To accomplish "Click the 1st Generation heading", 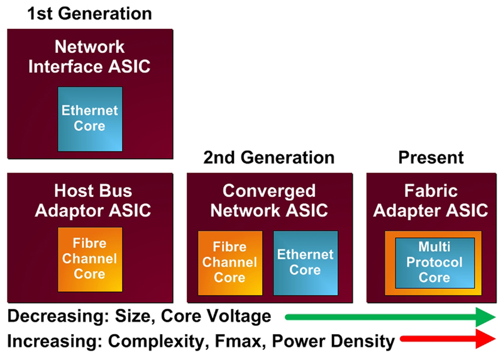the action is pyautogui.click(x=89, y=14).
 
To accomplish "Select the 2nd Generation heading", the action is pyautogui.click(x=269, y=158).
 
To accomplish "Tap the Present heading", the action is pyautogui.click(x=431, y=158).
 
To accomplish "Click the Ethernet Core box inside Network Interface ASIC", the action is pyautogui.click(x=90, y=119).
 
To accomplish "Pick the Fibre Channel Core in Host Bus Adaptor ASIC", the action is pyautogui.click(x=90, y=259).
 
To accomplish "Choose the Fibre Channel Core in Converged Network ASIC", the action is pyautogui.click(x=230, y=263).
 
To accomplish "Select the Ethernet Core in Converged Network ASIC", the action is pyautogui.click(x=306, y=263).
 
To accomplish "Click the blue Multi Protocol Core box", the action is pyautogui.click(x=434, y=262).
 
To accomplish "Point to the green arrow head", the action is pyautogui.click(x=485, y=317).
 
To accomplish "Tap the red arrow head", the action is pyautogui.click(x=485, y=339).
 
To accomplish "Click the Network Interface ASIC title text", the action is pyautogui.click(x=89, y=57).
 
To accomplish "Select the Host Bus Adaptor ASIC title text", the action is pyautogui.click(x=92, y=201).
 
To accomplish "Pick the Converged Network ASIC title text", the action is pyautogui.click(x=269, y=201).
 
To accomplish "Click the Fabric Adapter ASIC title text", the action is pyautogui.click(x=431, y=201).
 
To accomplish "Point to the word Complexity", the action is pyautogui.click(x=156, y=342).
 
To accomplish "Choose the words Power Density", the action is pyautogui.click(x=333, y=342).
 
